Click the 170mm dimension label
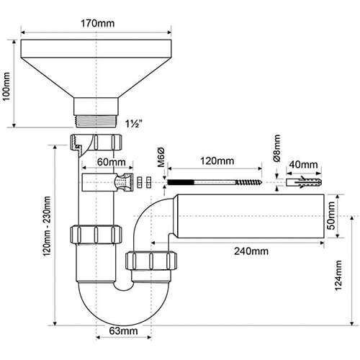[97, 24]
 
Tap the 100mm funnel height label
[6, 86]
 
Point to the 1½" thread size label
[134, 124]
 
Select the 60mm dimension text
[112, 162]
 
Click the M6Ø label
[161, 157]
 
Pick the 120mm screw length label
[217, 161]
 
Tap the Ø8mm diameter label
[276, 148]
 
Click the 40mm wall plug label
[303, 165]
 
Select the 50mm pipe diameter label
[331, 215]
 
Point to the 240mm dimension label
[251, 251]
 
